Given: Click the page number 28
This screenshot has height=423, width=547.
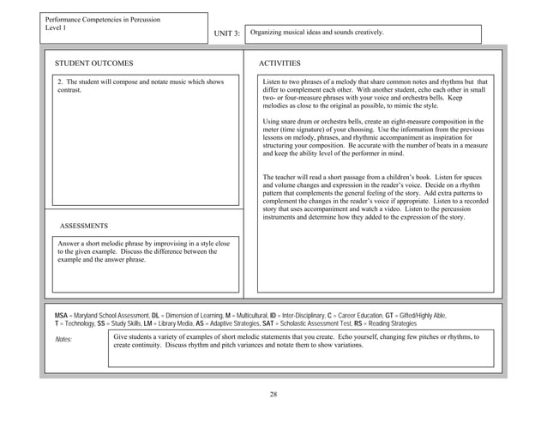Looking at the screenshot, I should click(273, 394).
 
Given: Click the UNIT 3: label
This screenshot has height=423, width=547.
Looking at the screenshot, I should click(225, 33).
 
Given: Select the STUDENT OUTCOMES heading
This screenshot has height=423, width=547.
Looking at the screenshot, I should click(93, 63).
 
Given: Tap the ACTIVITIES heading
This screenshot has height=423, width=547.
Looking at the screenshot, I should click(280, 63).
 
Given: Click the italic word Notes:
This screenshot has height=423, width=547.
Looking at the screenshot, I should click(66, 340).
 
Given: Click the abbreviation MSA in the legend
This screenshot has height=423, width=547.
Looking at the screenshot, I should click(63, 317).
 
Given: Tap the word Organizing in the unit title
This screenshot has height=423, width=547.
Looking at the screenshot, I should click(267, 33).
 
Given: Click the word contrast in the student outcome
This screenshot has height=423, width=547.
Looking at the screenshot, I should click(69, 90).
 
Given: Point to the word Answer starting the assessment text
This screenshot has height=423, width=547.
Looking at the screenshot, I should click(69, 244).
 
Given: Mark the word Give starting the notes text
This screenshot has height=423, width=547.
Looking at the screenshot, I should click(122, 337).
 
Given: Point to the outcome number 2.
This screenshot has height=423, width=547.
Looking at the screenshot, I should click(59, 82).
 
